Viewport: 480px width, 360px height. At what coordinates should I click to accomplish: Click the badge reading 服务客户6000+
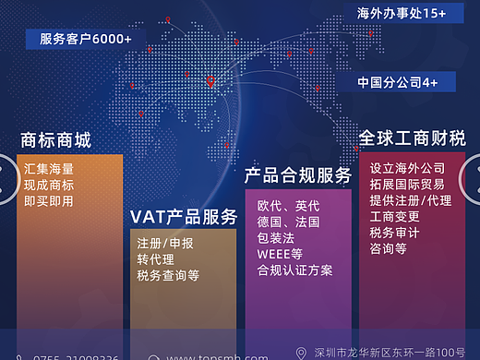pos(86,39)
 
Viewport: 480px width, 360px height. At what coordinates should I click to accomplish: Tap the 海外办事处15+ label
pos(402,13)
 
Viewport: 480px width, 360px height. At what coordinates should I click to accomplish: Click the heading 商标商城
pos(56,140)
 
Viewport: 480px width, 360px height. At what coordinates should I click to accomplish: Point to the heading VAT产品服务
pos(184,216)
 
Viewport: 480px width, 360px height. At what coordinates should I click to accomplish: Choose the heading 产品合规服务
pos(298,175)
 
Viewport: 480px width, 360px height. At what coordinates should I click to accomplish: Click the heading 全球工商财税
pos(412,138)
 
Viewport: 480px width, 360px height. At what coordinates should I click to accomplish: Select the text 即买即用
pos(49,200)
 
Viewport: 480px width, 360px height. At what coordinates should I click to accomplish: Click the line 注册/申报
pos(165,243)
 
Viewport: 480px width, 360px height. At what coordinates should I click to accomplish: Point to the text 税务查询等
pos(168,275)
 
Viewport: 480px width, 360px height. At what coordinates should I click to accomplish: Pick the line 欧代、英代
pos(289,206)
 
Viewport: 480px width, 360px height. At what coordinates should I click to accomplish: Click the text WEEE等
pos(280,254)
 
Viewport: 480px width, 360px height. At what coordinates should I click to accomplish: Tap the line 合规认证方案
pos(295,270)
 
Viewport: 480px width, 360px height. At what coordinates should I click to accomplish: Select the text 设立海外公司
pos(407,169)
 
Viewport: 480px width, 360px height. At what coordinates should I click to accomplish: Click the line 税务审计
pos(394,233)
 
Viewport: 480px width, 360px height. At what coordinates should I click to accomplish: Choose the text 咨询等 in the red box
pos(388,249)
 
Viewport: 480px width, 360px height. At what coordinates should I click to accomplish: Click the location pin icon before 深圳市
pos(301,353)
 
